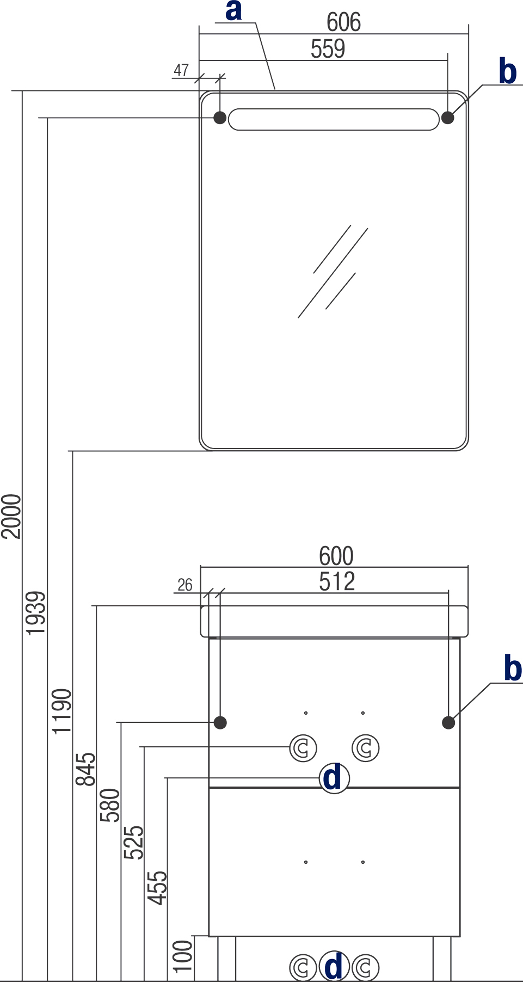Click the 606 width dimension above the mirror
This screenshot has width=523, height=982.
(x=343, y=22)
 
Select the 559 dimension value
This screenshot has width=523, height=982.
(x=328, y=49)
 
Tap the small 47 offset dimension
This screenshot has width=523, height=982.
(x=181, y=70)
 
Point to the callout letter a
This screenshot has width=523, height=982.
(x=233, y=11)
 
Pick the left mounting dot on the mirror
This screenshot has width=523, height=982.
(x=220, y=118)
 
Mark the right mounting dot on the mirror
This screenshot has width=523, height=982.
(x=447, y=118)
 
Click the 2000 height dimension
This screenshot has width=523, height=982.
(x=11, y=516)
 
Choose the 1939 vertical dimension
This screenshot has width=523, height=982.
(x=36, y=613)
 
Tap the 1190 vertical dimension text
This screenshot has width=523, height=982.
(x=61, y=711)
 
